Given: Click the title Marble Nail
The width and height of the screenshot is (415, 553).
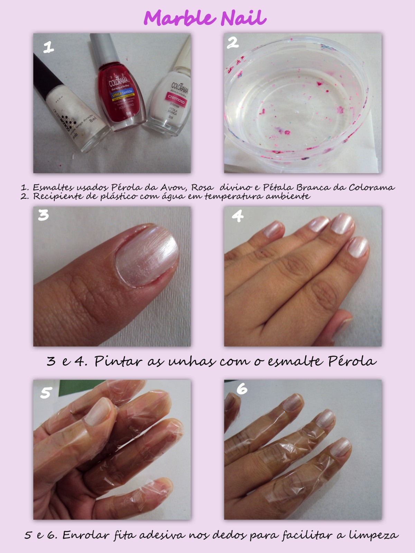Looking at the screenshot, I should point(205,18).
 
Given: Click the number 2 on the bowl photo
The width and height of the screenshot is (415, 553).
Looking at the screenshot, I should point(233,43).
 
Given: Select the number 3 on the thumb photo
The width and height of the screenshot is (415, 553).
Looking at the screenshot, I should point(44,215).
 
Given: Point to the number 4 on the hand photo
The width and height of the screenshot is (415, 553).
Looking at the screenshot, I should point(237,216).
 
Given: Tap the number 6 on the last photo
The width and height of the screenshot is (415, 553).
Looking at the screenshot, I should point(242,389).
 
